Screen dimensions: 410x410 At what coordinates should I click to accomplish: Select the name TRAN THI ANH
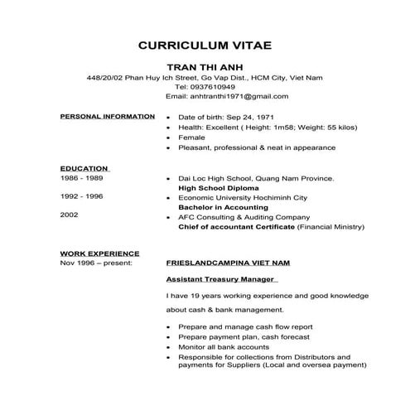[x=205, y=66]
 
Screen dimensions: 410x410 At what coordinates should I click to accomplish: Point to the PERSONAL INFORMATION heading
[x=108, y=117]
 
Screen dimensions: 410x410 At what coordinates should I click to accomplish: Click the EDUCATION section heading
[x=84, y=168]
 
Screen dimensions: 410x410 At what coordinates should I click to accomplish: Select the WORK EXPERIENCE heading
[x=99, y=252]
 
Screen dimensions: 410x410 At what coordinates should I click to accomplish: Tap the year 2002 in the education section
[x=70, y=215]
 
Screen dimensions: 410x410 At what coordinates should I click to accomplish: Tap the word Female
[x=191, y=137]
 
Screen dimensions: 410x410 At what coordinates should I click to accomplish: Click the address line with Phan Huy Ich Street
[x=205, y=77]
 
